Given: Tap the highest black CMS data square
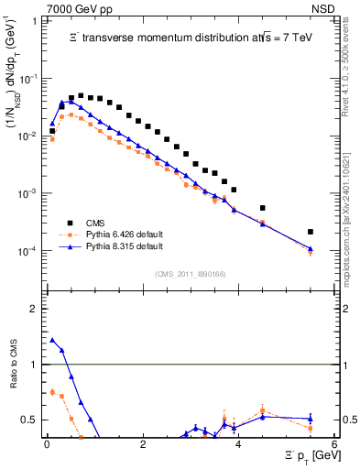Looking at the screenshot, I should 81,95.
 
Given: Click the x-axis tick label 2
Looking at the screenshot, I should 143,444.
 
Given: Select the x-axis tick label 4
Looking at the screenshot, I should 238,444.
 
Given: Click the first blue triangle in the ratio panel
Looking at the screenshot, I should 52,340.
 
